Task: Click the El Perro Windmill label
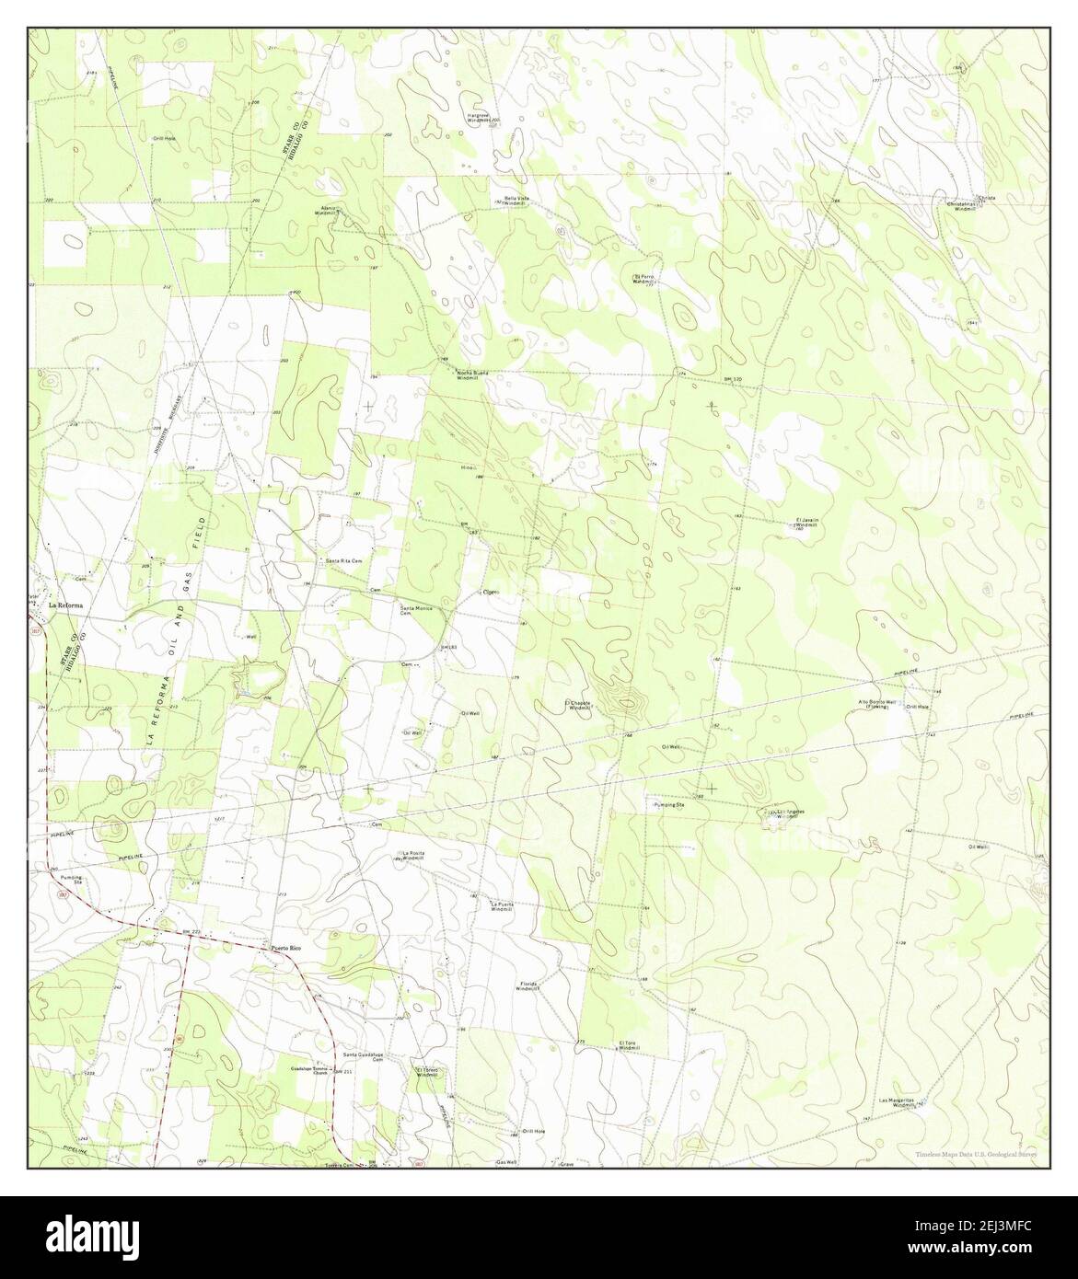pos(647,278)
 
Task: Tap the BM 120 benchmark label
pos(733,379)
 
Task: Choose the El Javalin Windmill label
pos(806,523)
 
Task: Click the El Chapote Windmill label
pos(580,706)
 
